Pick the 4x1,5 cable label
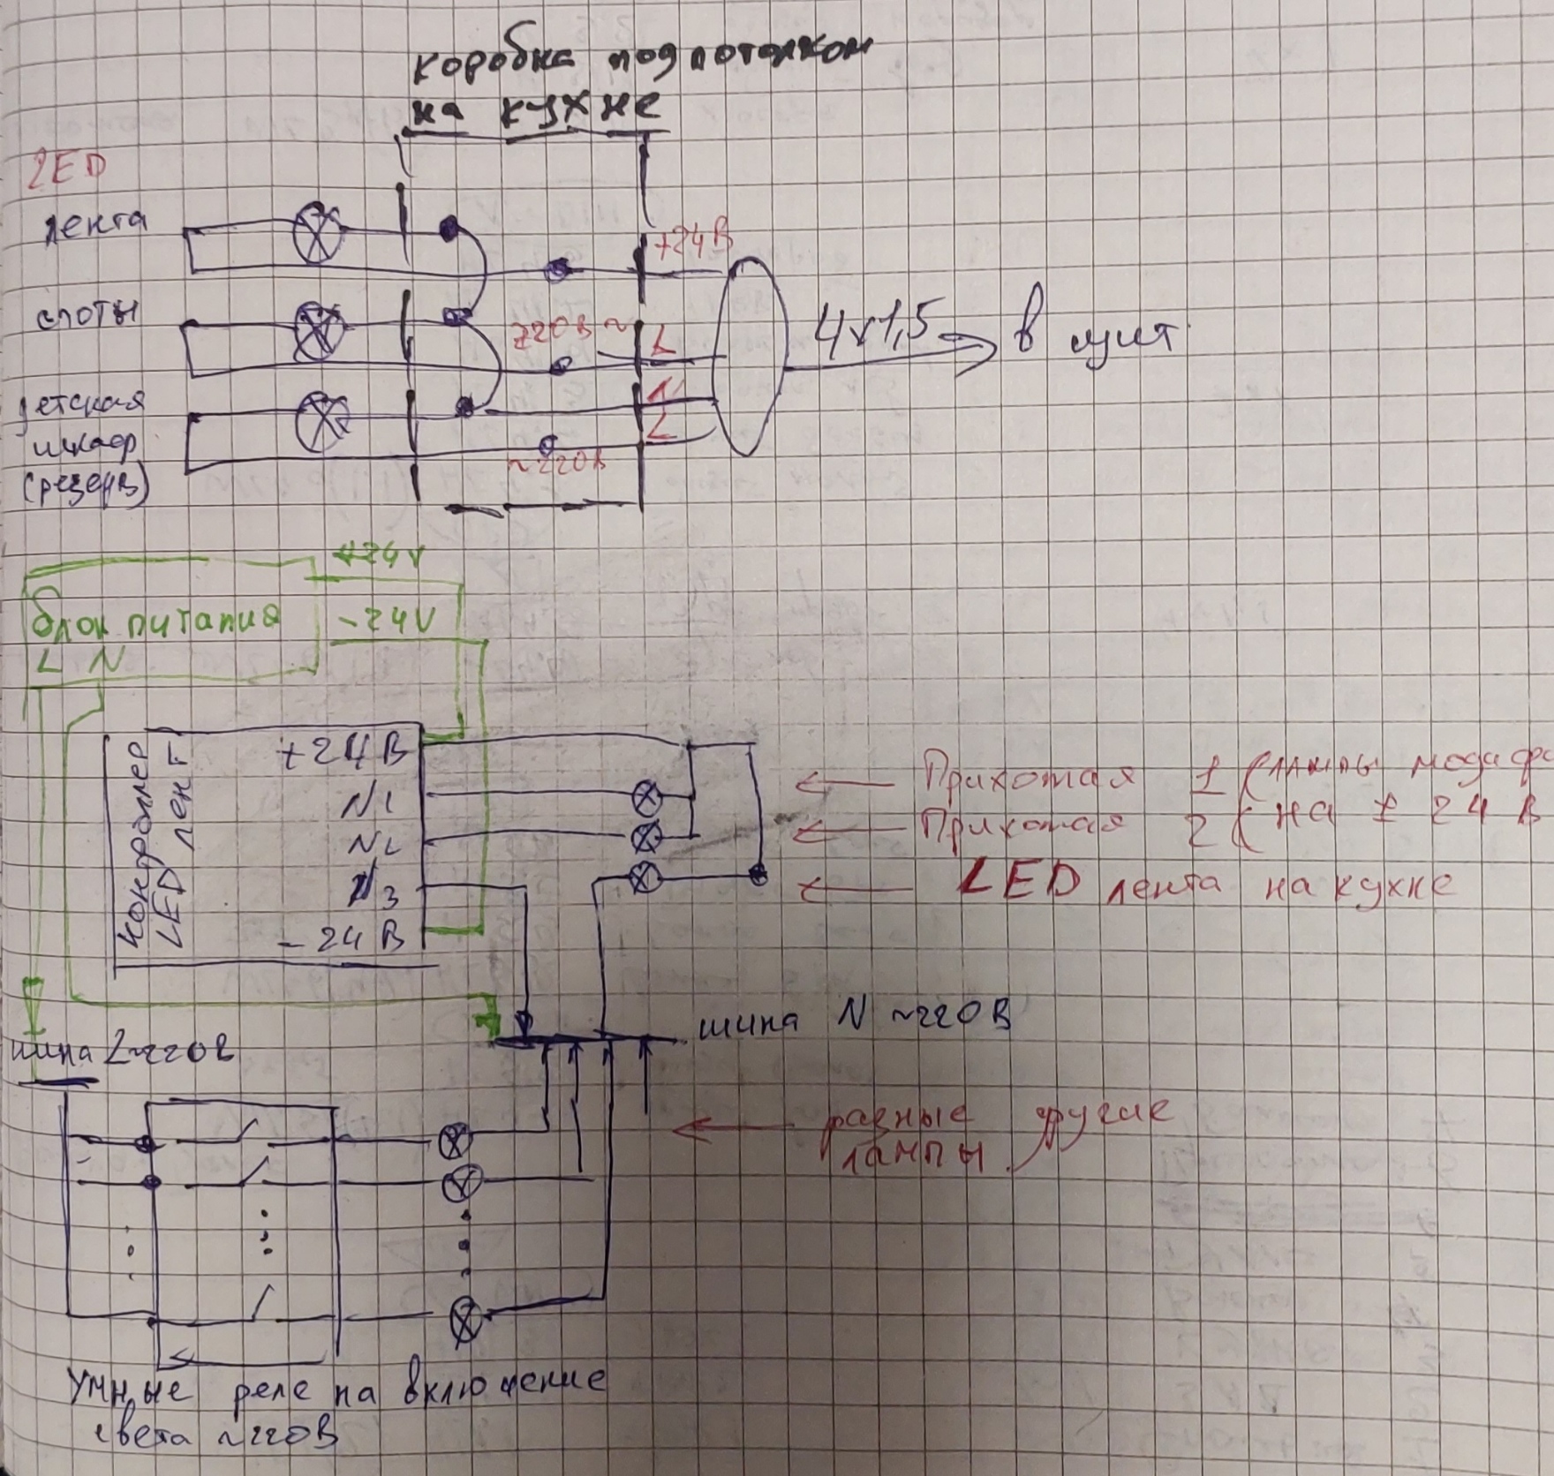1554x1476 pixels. tap(875, 332)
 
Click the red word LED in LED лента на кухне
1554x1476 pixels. tap(1019, 882)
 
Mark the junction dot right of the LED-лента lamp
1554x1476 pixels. tap(758, 875)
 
